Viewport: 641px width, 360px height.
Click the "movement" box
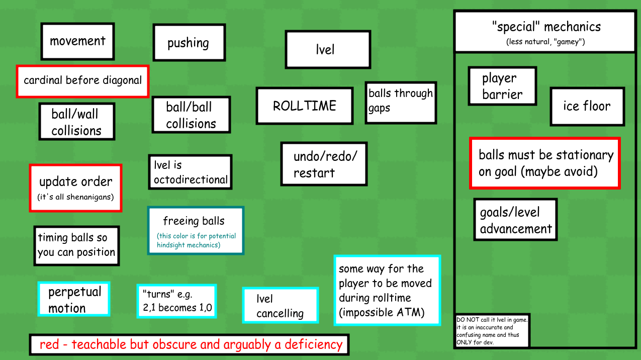pyautogui.click(x=77, y=41)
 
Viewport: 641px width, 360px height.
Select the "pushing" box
pyautogui.click(x=189, y=43)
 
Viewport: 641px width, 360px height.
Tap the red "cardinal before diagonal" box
pyautogui.click(x=82, y=80)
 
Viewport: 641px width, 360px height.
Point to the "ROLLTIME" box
pyautogui.click(x=304, y=106)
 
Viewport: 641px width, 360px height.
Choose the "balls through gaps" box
pyautogui.click(x=401, y=103)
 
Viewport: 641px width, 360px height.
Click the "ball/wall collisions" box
pyautogui.click(x=76, y=122)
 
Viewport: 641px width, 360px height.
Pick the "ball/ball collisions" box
pyautogui.click(x=191, y=115)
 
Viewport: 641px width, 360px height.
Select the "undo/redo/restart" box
pyautogui.click(x=324, y=164)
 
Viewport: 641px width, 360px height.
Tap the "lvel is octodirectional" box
pyautogui.click(x=190, y=172)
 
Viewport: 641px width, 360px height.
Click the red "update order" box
pyautogui.click(x=75, y=188)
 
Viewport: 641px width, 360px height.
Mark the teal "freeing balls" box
pyautogui.click(x=196, y=230)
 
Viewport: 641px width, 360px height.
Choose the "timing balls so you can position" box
pyautogui.click(x=76, y=245)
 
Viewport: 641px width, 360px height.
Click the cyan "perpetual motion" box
pyautogui.click(x=74, y=299)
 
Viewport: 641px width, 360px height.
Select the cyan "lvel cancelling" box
pyautogui.click(x=280, y=306)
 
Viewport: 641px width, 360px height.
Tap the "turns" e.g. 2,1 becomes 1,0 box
pyautogui.click(x=176, y=301)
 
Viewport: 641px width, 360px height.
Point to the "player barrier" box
pyautogui.click(x=502, y=86)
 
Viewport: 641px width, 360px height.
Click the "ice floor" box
pyautogui.click(x=587, y=106)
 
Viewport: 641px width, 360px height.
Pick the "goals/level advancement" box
pyautogui.click(x=515, y=220)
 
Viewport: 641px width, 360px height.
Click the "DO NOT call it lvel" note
pyautogui.click(x=492, y=330)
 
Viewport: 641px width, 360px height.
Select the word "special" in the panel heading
pyautogui.click(x=515, y=27)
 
